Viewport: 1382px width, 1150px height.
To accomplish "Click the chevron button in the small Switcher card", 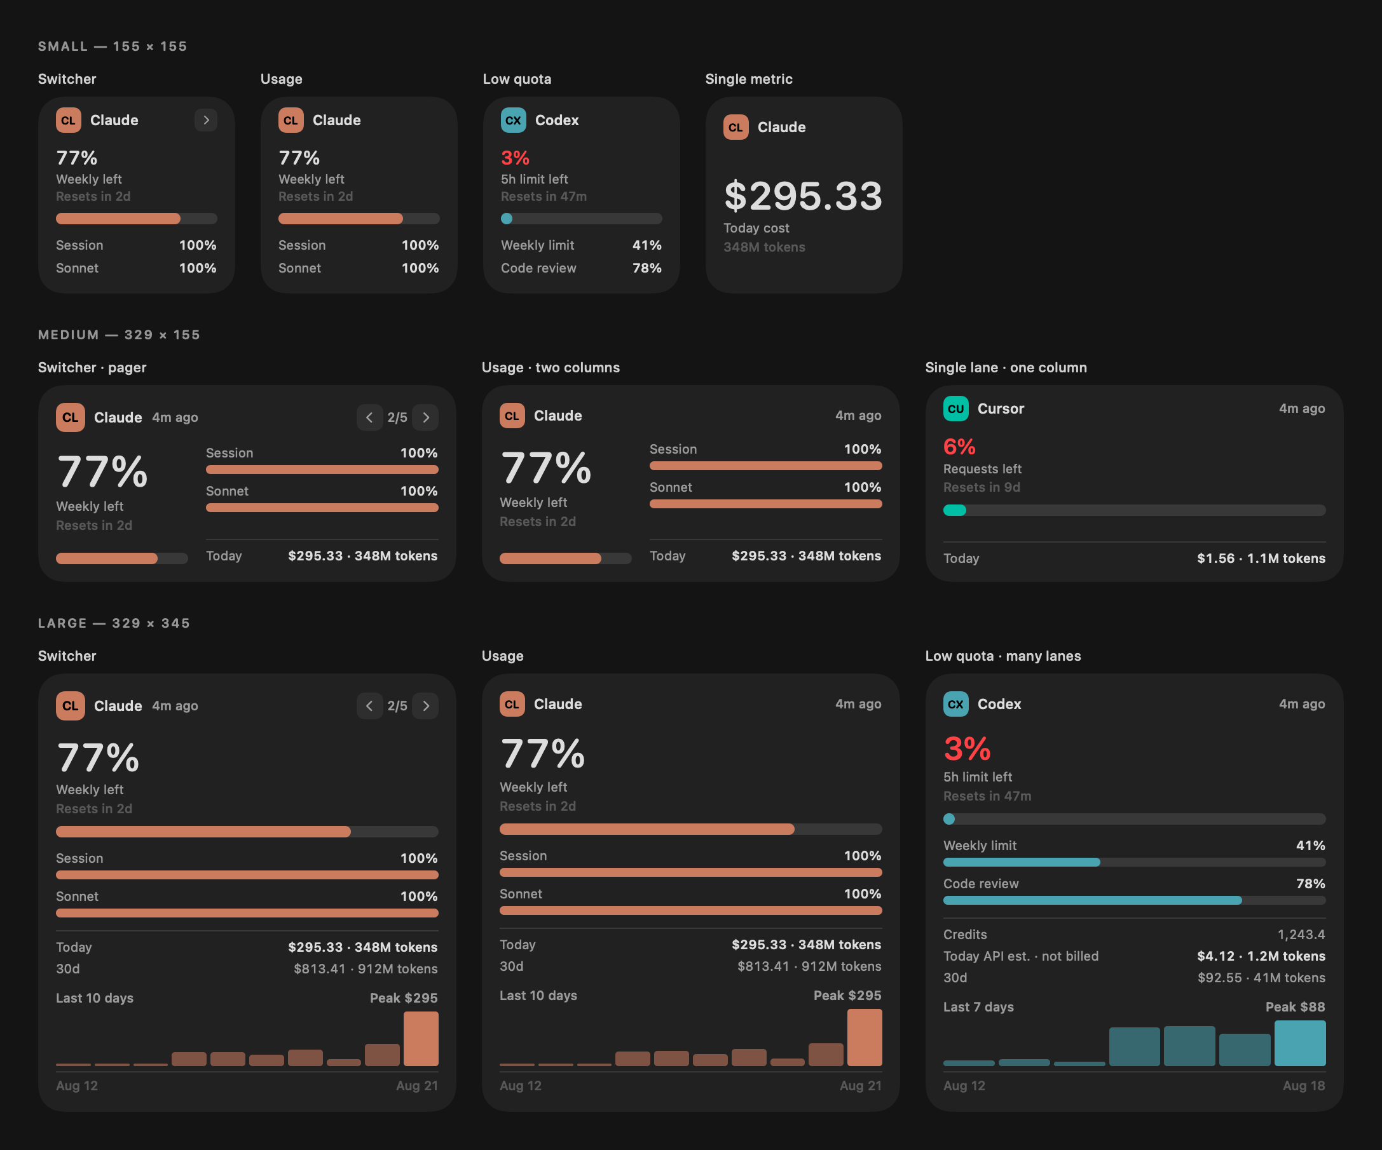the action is (206, 119).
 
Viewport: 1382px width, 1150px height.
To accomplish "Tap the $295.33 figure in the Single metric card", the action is (803, 196).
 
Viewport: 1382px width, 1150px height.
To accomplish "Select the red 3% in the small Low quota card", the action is (516, 158).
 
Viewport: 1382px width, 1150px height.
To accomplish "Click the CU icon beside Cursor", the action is (955, 409).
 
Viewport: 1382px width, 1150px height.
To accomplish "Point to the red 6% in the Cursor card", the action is (959, 447).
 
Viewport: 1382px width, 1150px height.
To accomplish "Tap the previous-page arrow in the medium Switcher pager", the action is (369, 417).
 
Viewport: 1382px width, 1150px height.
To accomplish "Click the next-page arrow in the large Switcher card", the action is (426, 706).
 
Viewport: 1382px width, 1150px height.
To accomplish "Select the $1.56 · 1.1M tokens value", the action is (1261, 558).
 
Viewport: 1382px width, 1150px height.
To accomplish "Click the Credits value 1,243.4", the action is (1301, 934).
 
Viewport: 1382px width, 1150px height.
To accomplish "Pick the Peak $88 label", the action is (1295, 1006).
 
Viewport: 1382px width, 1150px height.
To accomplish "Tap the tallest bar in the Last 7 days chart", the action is (1300, 1043).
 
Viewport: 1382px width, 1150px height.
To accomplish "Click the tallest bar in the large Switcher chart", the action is (421, 1039).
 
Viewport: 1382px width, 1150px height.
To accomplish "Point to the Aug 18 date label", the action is (1304, 1086).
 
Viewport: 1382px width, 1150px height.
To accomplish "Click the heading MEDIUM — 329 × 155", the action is (119, 335).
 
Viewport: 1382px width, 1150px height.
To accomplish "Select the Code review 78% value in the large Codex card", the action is (1310, 884).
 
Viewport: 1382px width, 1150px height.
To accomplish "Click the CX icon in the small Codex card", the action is (513, 120).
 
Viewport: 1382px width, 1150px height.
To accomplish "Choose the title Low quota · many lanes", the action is (1003, 656).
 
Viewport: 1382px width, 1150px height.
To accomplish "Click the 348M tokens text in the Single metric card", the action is (764, 247).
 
